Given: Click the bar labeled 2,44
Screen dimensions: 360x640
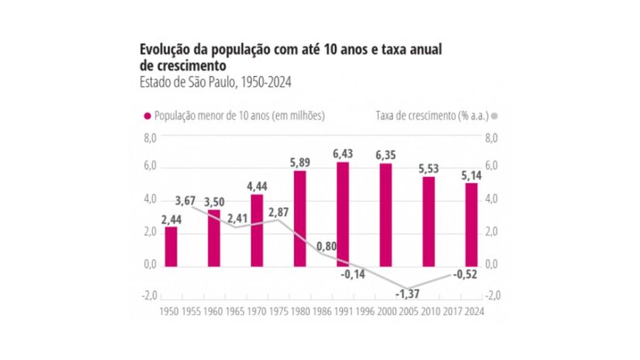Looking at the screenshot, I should tap(171, 245).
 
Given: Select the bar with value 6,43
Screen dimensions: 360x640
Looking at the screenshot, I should tap(342, 213).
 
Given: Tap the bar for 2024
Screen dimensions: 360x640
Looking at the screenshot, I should tap(471, 223).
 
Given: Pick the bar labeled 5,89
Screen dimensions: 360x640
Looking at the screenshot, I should tap(299, 217).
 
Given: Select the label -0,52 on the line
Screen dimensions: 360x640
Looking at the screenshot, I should tap(465, 273).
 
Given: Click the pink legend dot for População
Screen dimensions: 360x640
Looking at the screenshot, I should tap(147, 116).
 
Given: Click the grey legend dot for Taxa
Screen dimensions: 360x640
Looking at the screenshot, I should tap(493, 116).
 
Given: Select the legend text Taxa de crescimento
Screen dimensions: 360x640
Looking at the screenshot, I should tap(427, 116).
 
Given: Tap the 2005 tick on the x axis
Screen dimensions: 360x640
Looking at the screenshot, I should tap(406, 311).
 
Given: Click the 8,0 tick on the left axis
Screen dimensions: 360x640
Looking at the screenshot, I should tap(149, 137).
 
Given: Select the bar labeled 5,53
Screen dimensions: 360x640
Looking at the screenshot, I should tap(428, 220).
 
